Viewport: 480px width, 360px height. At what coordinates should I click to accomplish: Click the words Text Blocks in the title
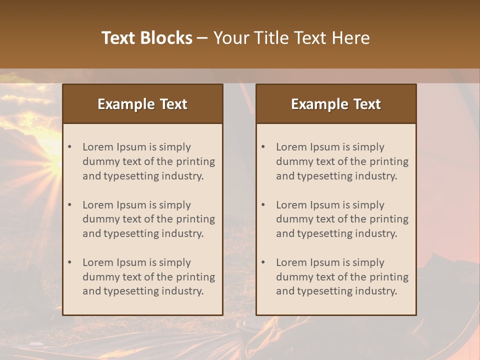146,38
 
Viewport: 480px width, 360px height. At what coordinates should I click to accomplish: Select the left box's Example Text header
142,104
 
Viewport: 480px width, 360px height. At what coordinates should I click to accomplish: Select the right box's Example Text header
336,104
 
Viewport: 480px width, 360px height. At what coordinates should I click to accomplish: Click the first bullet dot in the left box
70,147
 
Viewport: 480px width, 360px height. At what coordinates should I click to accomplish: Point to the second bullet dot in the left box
70,205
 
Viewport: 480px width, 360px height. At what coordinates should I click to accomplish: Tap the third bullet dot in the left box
70,262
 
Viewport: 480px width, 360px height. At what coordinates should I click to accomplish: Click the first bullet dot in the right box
263,147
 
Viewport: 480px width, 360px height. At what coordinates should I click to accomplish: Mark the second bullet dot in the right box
263,205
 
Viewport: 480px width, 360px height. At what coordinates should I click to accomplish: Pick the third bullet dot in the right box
263,262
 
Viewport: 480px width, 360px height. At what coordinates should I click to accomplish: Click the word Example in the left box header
126,104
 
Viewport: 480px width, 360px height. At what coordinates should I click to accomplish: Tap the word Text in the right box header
367,104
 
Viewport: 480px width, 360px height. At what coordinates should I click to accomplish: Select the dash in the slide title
202,38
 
